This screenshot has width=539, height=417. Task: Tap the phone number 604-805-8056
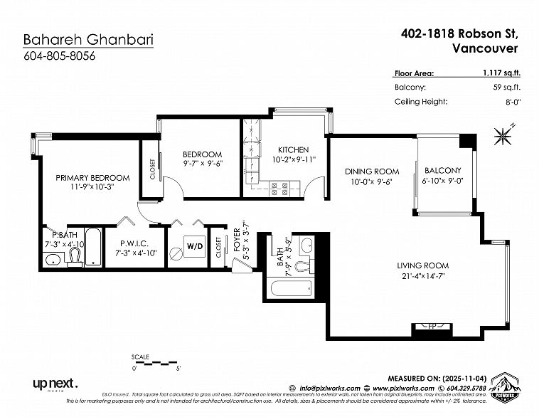[x=58, y=56]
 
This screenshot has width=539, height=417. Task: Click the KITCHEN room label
[x=293, y=150]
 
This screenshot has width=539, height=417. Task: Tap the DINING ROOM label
[x=372, y=171]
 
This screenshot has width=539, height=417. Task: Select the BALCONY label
[x=442, y=171]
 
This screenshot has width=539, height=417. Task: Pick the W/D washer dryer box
[x=194, y=246]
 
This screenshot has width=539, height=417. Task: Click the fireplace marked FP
[x=432, y=327]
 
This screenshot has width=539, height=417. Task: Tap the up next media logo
[x=55, y=384]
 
